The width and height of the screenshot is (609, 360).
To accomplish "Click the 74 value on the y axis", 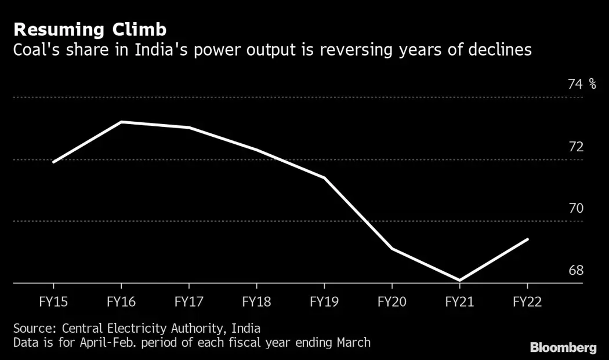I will tap(575, 85).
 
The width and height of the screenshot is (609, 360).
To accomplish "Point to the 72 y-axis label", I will tap(575, 147).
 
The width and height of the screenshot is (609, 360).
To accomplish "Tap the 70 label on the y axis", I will tap(575, 209).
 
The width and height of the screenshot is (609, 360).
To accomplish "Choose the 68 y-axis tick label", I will tap(575, 271).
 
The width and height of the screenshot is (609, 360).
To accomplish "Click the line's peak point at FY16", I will tap(121, 122).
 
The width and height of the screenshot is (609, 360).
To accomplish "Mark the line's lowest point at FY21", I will tap(459, 281).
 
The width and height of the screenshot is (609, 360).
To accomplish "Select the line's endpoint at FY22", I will tap(527, 239).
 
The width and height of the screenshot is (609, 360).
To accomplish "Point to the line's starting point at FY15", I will tap(53, 162).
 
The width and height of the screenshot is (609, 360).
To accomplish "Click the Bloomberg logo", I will tap(563, 348).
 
